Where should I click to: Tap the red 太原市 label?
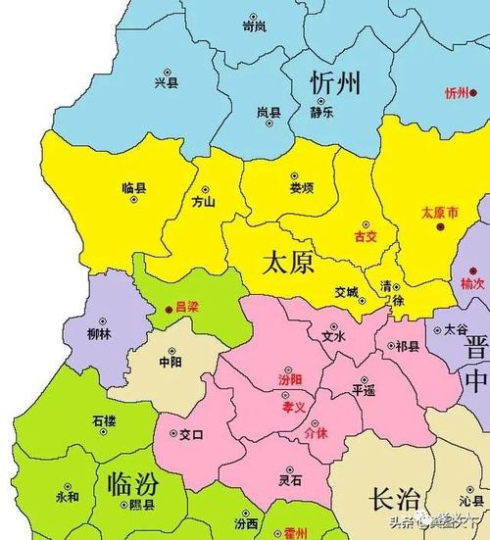point(439,212)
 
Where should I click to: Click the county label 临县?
point(134,186)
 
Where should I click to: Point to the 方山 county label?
point(204,203)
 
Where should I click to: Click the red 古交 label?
point(365,236)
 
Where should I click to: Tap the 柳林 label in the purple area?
point(99,333)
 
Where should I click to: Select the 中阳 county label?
point(171,360)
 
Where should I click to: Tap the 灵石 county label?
point(290,480)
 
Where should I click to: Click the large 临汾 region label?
point(134,483)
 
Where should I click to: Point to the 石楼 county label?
point(104,421)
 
